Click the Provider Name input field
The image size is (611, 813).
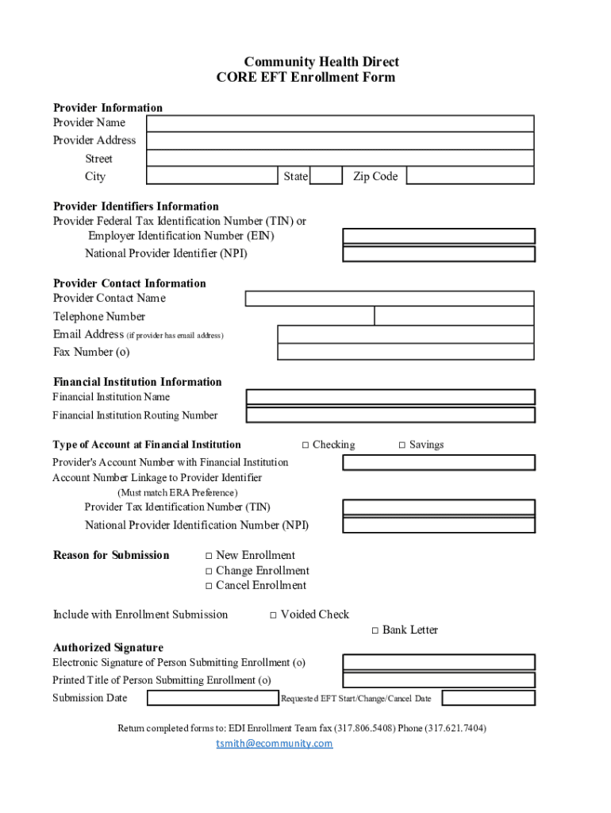(340, 124)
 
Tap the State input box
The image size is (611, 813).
(325, 176)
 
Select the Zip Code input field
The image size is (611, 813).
(470, 176)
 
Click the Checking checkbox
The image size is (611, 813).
(305, 445)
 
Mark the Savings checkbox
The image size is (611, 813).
(402, 445)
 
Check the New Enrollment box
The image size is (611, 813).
(209, 556)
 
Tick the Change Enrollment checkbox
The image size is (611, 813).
(209, 571)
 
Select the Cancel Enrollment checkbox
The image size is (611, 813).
(209, 586)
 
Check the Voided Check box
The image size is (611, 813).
(273, 615)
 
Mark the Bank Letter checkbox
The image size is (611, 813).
(375, 630)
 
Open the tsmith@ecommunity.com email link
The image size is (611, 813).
(275, 744)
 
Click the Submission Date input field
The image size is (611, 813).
(213, 699)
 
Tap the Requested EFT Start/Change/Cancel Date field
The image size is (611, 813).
(488, 699)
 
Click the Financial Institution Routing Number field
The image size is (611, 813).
(390, 415)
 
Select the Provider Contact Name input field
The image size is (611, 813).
(390, 299)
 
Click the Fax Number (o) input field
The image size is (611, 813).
(405, 352)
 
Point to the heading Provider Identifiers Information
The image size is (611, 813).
(136, 206)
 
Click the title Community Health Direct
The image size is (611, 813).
(321, 62)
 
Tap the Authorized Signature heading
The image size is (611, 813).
(108, 648)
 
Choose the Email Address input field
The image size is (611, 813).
(405, 334)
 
